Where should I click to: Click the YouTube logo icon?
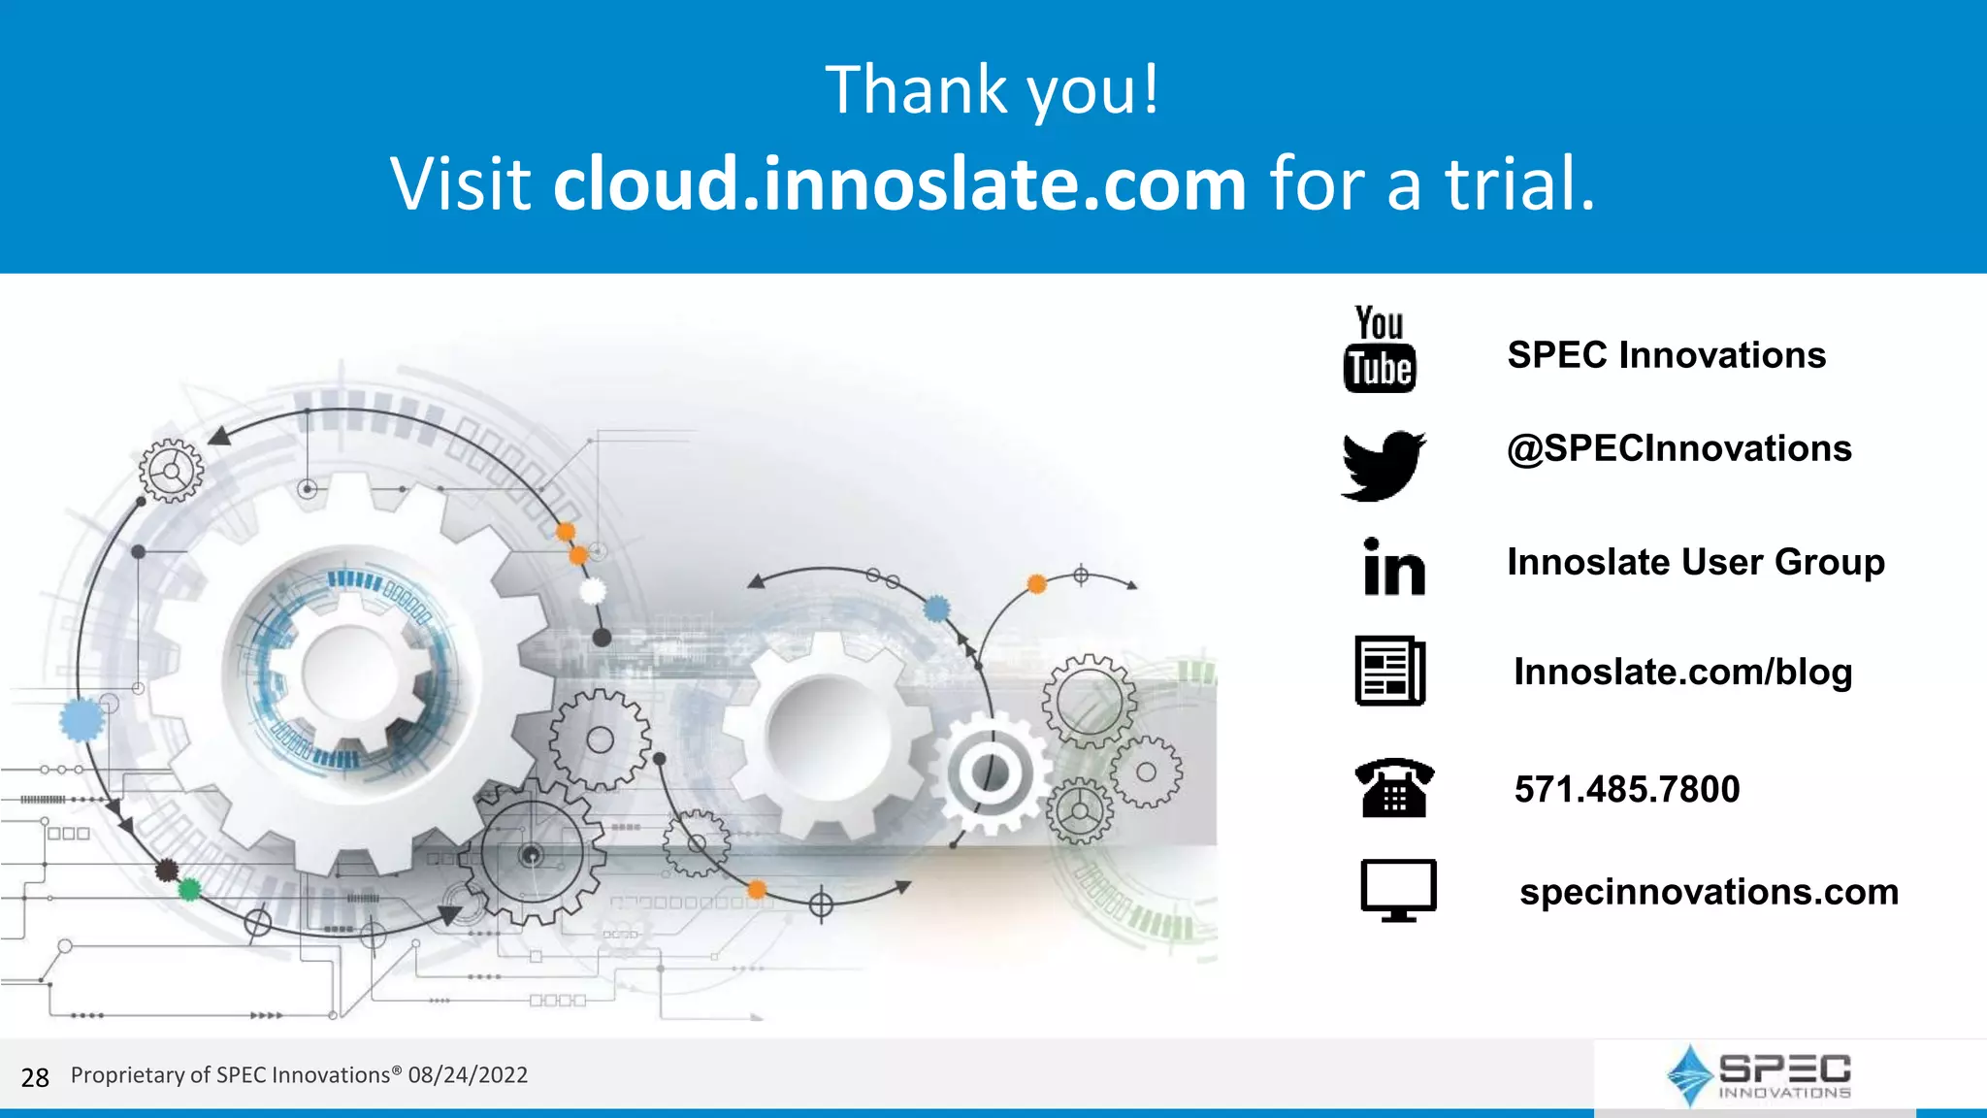1380,349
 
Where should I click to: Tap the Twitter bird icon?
1384,465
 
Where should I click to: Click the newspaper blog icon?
1390,671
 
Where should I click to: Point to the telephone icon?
1394,787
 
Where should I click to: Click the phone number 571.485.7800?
1627,789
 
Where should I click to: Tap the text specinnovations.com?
1709,891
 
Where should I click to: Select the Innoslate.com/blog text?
1682,672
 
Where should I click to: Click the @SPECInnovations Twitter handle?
1678,448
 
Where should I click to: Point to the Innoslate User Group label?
1695,562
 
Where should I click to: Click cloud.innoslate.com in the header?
899,183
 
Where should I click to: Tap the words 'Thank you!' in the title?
992,89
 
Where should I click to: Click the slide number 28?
35,1077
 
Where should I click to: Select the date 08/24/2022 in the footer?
468,1075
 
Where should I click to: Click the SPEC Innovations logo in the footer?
1759,1075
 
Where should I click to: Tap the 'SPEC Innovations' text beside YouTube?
1666,355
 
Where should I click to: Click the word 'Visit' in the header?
460,183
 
